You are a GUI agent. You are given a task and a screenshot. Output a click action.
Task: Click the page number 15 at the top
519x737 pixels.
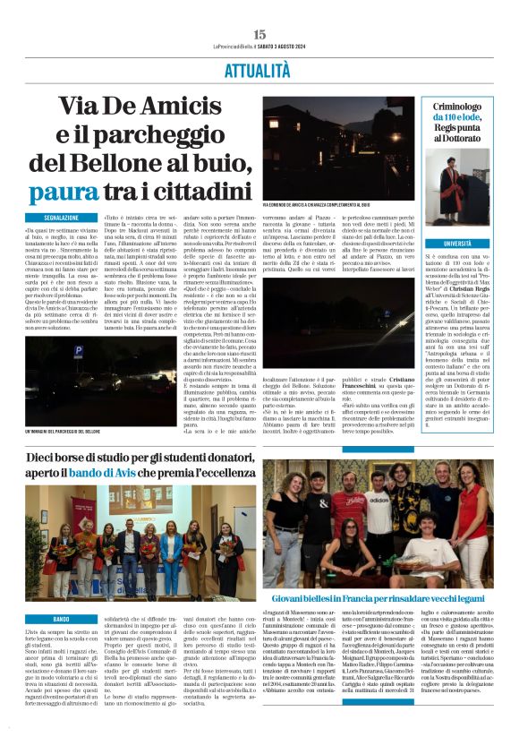click(x=259, y=34)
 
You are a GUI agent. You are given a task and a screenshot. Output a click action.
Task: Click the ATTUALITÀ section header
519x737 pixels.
click(x=259, y=66)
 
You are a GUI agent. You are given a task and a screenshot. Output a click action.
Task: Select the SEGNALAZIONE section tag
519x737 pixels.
click(x=68, y=218)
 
